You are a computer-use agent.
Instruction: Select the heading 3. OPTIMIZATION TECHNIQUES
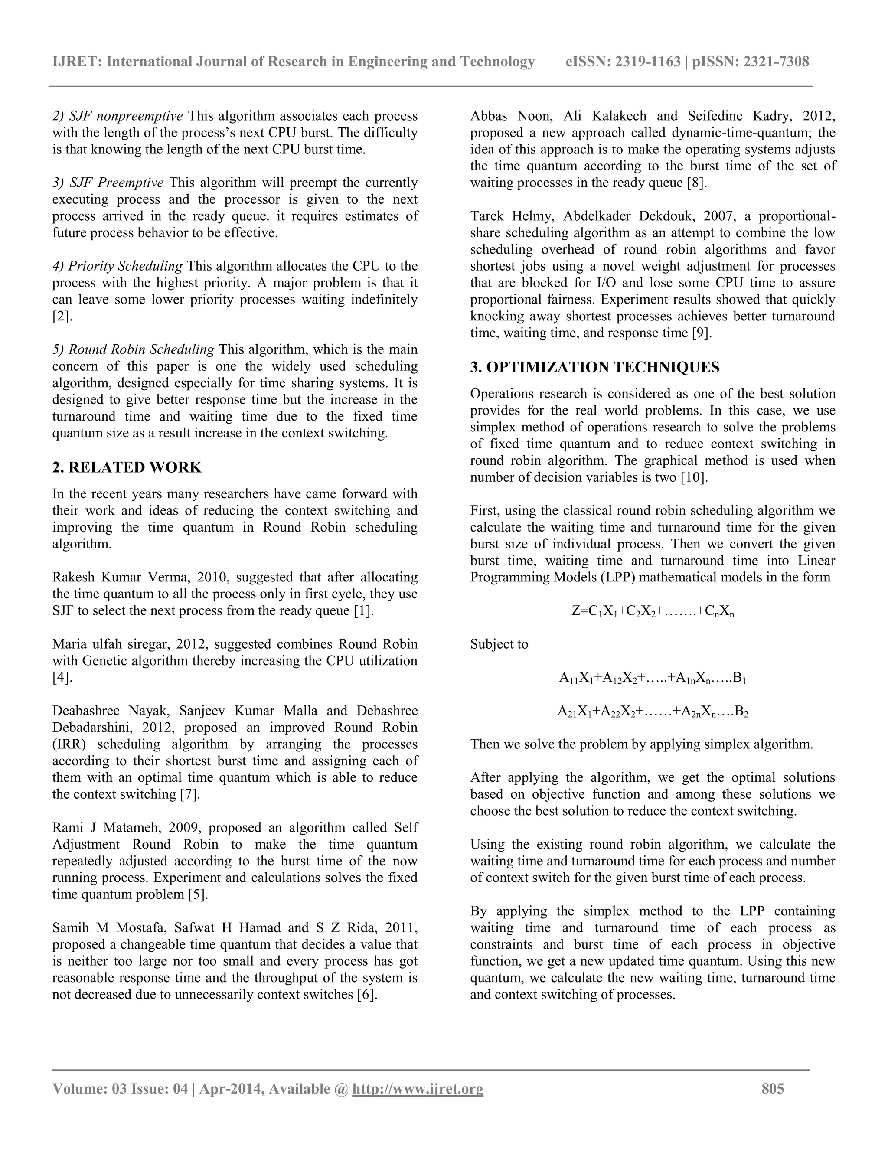(594, 367)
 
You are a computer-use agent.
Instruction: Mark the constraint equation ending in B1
(652, 678)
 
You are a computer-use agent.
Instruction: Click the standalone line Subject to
(499, 644)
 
